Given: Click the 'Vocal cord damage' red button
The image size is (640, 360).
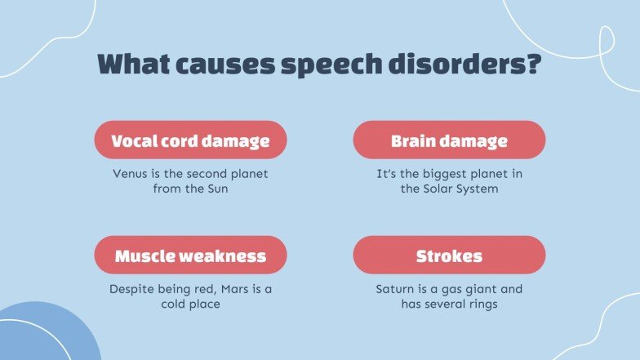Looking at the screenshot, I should click(x=190, y=140).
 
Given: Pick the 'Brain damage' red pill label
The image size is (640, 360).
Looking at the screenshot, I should click(x=449, y=140).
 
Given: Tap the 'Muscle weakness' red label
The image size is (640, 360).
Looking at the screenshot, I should click(x=190, y=256).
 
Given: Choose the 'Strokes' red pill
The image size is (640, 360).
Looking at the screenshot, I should click(x=449, y=256).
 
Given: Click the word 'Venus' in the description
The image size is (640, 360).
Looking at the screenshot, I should click(x=130, y=174).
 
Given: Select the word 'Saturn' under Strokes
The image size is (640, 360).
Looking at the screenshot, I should click(x=394, y=289).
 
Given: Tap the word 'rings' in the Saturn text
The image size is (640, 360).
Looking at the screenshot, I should click(x=481, y=304).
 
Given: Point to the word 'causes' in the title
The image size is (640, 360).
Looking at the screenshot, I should click(x=220, y=64).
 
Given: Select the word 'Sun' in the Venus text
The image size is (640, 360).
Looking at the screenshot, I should click(x=216, y=189).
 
